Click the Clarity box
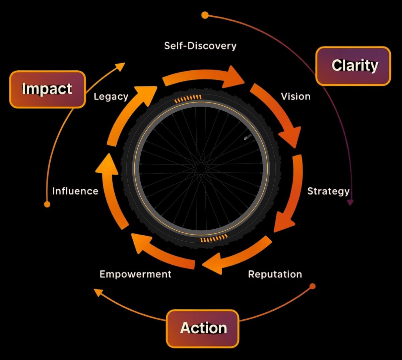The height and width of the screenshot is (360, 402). click(353, 66)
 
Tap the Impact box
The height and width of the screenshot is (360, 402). click(47, 89)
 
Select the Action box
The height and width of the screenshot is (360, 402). click(203, 328)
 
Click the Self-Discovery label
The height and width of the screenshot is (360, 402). click(200, 46)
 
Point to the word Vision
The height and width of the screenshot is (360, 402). click(295, 97)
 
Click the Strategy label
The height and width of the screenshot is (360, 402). click(328, 191)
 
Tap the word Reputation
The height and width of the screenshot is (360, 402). click(275, 274)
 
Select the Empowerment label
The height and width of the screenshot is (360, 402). click(135, 274)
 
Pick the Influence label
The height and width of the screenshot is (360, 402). click(75, 191)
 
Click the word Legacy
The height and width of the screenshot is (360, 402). click(111, 97)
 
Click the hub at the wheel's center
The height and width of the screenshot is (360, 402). click(201, 168)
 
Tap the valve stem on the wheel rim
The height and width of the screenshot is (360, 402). click(247, 137)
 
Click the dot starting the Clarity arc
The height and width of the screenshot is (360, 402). click(205, 15)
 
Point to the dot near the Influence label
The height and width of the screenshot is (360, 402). click(47, 204)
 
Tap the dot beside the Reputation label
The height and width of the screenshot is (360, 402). click(313, 286)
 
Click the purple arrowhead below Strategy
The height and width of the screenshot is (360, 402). click(350, 202)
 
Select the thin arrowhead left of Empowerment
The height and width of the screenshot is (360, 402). click(98, 292)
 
